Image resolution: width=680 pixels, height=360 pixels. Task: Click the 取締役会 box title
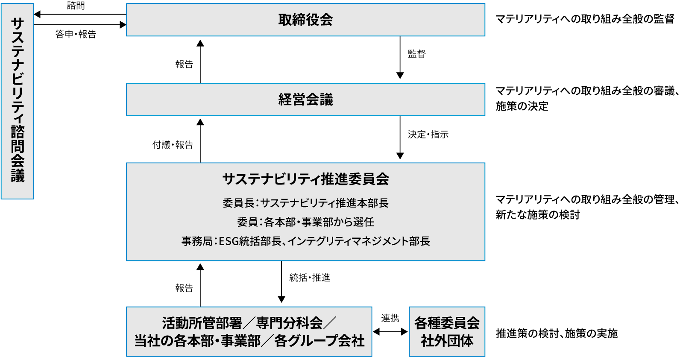[305, 20]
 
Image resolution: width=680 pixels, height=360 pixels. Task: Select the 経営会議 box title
[305, 100]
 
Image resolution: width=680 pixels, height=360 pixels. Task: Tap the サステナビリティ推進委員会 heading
[305, 179]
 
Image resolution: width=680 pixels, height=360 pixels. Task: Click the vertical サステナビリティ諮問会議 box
[18, 101]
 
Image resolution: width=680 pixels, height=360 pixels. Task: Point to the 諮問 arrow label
[76, 6]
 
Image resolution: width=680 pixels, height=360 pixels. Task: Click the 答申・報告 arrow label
[76, 34]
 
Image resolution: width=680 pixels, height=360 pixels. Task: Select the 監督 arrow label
[416, 54]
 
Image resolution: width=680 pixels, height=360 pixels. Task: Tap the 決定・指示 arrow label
[428, 135]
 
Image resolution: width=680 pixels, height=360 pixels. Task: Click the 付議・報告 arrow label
[173, 145]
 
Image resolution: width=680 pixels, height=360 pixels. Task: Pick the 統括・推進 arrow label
[310, 278]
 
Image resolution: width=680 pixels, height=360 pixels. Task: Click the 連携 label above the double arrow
[390, 318]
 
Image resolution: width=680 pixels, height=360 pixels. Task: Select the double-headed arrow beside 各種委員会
[390, 332]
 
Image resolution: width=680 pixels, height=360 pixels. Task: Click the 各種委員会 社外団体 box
[447, 331]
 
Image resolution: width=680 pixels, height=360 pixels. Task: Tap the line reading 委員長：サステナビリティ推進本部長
[305, 203]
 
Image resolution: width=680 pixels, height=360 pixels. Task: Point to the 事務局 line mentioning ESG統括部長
[305, 241]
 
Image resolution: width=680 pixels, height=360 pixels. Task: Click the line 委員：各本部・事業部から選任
[305, 222]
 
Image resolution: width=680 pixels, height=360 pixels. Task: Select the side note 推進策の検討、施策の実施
[557, 334]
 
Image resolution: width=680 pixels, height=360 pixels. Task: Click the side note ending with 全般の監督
[585, 19]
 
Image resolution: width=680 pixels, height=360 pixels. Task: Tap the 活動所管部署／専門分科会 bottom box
[249, 331]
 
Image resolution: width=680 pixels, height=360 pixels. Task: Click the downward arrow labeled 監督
[400, 58]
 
